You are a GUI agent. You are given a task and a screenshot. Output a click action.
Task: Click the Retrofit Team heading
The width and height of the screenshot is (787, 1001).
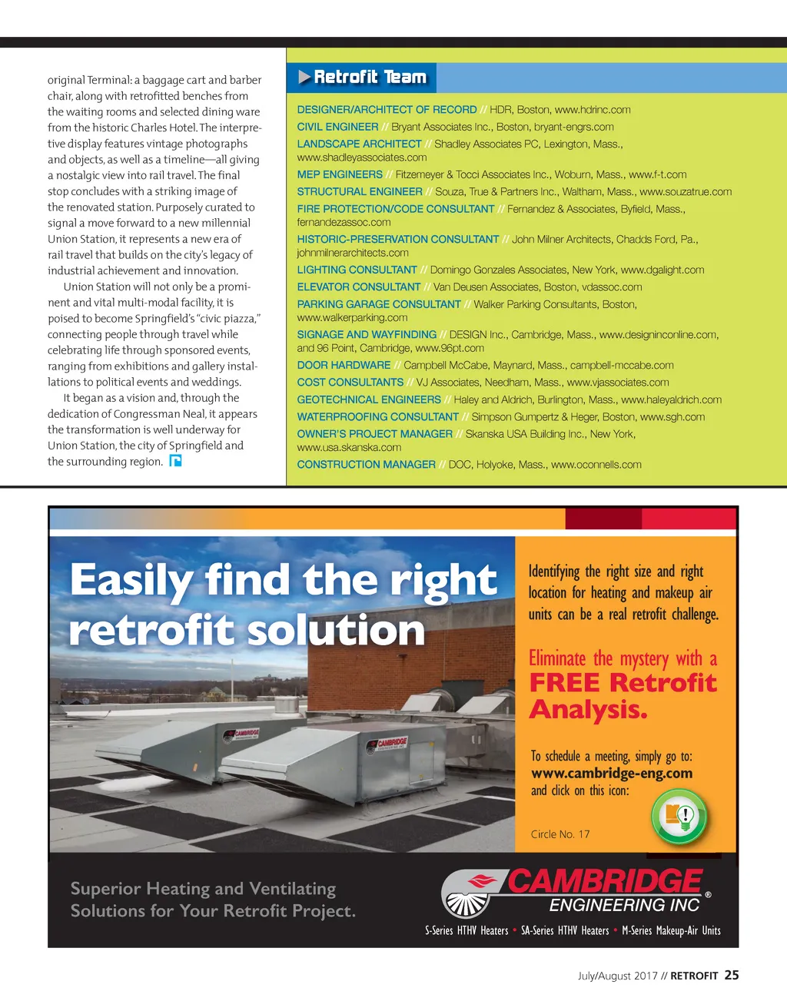pyautogui.click(x=370, y=77)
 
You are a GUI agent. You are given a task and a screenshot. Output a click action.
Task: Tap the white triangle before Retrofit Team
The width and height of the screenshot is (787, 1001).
pyautogui.click(x=304, y=77)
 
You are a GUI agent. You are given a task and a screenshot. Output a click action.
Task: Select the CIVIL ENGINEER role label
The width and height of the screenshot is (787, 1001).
pyautogui.click(x=337, y=127)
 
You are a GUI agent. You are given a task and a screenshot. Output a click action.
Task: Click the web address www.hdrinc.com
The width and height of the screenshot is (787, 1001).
pyautogui.click(x=593, y=110)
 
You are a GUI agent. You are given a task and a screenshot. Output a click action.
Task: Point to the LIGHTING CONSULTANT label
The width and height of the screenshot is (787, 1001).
pyautogui.click(x=357, y=270)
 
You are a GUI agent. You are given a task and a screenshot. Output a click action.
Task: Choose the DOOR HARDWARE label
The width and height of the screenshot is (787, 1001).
pyautogui.click(x=344, y=365)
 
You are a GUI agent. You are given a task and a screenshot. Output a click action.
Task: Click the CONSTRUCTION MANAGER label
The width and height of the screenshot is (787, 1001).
pyautogui.click(x=366, y=464)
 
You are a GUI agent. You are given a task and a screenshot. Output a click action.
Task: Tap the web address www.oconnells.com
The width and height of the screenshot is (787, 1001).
pyautogui.click(x=596, y=464)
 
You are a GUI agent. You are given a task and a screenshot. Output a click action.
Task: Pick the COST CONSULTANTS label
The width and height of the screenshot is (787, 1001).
pyautogui.click(x=350, y=382)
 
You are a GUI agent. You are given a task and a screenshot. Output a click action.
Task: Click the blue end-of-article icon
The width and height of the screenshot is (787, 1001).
pyautogui.click(x=175, y=461)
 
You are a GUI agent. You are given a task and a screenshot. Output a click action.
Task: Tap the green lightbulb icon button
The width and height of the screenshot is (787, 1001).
pyautogui.click(x=679, y=817)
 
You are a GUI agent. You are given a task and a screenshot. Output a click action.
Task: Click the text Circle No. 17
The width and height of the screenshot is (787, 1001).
pyautogui.click(x=560, y=834)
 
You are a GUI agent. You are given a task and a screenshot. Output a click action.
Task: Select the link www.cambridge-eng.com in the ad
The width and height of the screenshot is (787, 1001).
pyautogui.click(x=612, y=774)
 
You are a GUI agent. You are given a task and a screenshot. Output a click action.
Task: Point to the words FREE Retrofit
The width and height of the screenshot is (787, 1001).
pyautogui.click(x=623, y=682)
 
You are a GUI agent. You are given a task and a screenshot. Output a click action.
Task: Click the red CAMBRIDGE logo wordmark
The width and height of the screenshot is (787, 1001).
pyautogui.click(x=604, y=882)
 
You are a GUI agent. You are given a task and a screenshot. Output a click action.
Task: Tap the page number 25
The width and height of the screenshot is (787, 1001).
pyautogui.click(x=732, y=975)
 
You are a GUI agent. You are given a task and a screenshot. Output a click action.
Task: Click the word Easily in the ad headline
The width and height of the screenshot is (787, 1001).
pyautogui.click(x=131, y=580)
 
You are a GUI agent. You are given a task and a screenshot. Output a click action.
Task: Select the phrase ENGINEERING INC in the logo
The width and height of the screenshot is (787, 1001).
pyautogui.click(x=624, y=905)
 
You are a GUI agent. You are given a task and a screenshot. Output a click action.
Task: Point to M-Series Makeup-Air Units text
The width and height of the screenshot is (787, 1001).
pyautogui.click(x=671, y=930)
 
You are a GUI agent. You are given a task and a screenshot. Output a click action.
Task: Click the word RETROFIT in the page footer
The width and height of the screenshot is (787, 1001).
pyautogui.click(x=694, y=976)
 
